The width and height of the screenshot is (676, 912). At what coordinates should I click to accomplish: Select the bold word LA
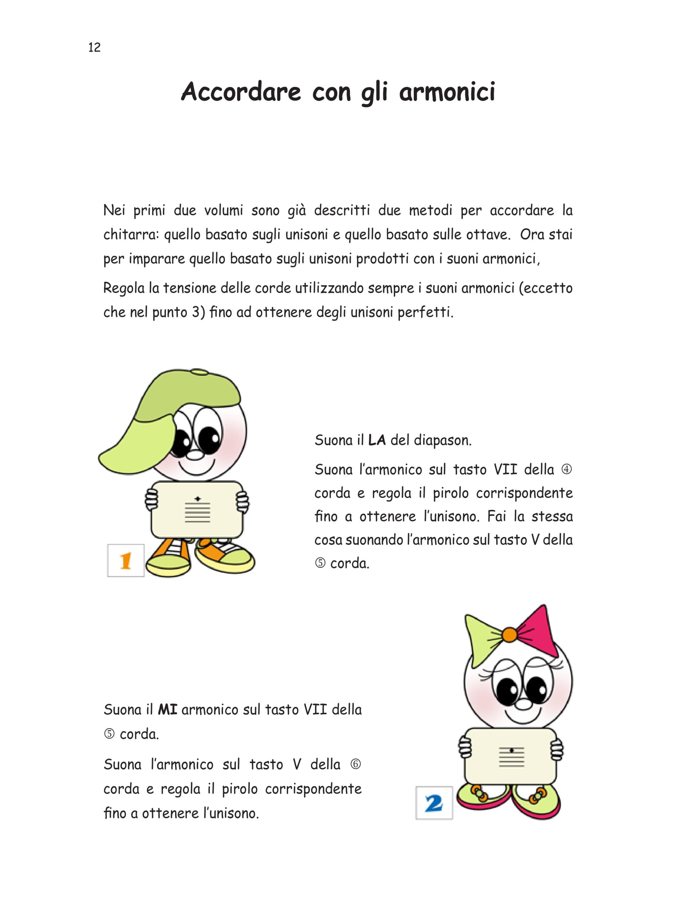[x=377, y=440]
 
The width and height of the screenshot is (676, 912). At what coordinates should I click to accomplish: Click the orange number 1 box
[x=126, y=560]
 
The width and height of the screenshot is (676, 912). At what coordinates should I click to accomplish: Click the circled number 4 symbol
[x=566, y=469]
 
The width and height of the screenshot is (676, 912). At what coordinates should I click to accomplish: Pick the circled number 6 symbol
[x=356, y=764]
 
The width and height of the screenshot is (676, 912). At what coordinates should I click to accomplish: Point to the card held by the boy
[x=197, y=510]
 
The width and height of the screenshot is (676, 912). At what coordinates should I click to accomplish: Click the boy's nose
[x=195, y=455]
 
